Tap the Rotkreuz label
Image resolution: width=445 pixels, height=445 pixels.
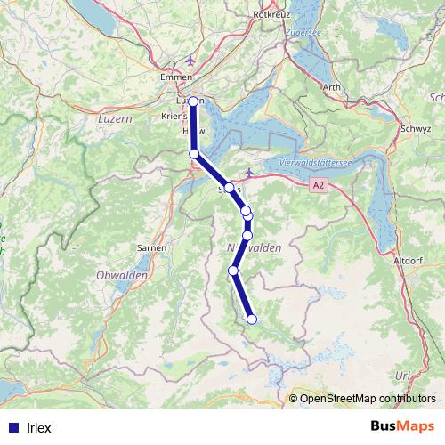(x=272, y=15)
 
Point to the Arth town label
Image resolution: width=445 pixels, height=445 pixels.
(x=331, y=86)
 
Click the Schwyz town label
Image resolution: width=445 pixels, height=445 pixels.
(x=417, y=128)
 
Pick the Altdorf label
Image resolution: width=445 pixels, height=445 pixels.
(x=407, y=260)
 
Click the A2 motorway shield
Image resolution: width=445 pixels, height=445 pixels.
(x=319, y=185)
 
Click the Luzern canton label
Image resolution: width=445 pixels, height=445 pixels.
(x=114, y=117)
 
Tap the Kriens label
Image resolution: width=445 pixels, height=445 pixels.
(x=173, y=117)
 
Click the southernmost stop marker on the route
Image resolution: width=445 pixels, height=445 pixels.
(x=252, y=320)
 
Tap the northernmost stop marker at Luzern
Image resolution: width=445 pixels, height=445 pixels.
(x=194, y=101)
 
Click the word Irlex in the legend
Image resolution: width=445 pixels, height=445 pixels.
(x=39, y=428)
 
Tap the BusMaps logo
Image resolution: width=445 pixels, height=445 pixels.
(x=396, y=428)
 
